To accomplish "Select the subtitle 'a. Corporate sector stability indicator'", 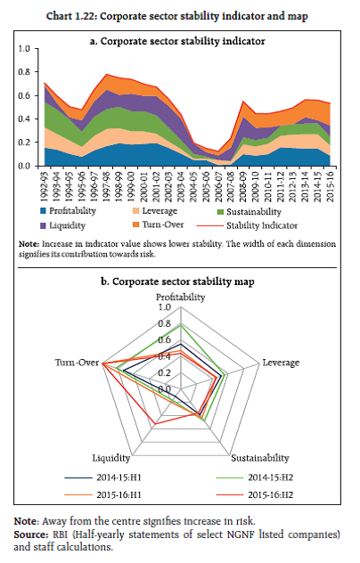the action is point(177,41).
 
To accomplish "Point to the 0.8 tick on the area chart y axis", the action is point(24,72).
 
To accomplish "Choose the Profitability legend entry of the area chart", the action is point(68,211).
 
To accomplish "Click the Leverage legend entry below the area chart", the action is point(155,211).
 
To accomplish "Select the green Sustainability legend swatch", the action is point(221,212).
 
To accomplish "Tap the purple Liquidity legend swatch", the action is point(43,226).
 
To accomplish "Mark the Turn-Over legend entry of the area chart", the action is point(158,224).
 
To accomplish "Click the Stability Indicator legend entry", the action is point(247,226).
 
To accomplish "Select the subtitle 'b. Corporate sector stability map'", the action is point(177,281).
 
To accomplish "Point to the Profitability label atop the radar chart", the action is point(180,298).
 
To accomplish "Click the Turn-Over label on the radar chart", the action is point(77,363).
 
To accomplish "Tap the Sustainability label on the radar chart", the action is point(260,458).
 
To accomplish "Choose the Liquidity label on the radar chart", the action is point(111,458).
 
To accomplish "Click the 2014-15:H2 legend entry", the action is point(255,477).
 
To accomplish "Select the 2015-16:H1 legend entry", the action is point(103,495).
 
